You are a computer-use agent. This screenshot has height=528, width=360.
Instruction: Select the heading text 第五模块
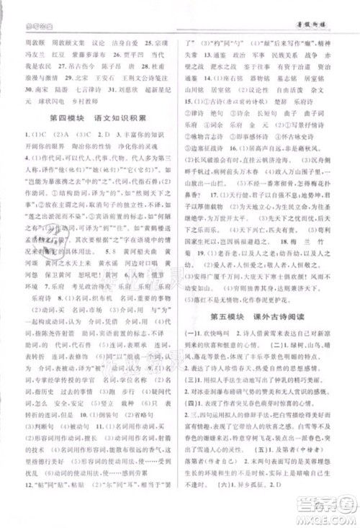pos(229,317)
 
